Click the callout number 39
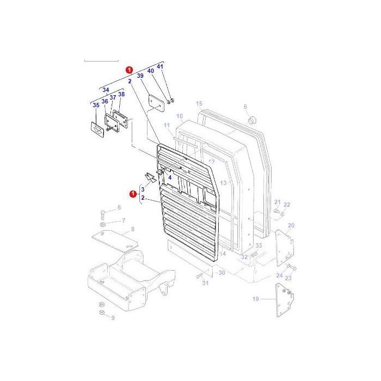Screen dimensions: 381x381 click(140, 76)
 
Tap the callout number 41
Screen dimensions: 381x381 click(159, 66)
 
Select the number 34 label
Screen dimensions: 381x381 click(106, 90)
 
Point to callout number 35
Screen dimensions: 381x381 click(96, 105)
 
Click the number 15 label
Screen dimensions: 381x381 click(199, 103)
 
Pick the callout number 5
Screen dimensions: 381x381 click(245, 107)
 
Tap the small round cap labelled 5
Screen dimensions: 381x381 click(251, 119)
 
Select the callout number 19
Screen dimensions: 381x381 click(256, 299)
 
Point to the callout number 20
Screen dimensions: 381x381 click(291, 225)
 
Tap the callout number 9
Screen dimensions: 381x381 click(113, 318)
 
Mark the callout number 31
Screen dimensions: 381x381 click(205, 284)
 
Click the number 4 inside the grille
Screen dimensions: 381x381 click(169, 177)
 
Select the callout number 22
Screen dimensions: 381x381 click(287, 205)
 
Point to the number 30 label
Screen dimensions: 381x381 click(222, 273)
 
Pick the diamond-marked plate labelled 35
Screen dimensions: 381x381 click(96, 128)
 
